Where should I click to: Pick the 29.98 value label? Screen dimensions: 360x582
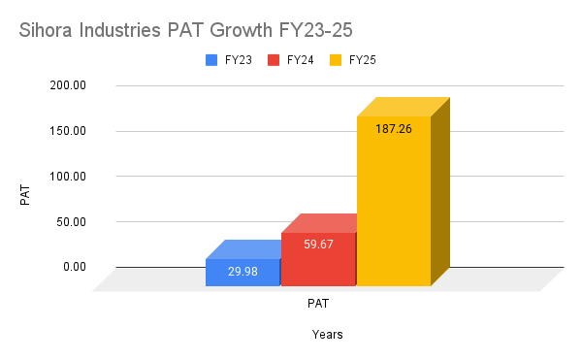[x=242, y=273]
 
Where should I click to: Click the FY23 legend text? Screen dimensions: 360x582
[x=239, y=60]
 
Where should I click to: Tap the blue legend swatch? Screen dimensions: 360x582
[x=211, y=60]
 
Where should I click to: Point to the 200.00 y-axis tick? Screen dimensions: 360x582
[x=70, y=85]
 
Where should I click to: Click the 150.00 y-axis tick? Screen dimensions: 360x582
[x=70, y=131]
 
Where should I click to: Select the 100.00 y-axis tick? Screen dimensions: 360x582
[x=70, y=177]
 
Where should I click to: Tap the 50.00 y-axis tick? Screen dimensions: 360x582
[x=73, y=221]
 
